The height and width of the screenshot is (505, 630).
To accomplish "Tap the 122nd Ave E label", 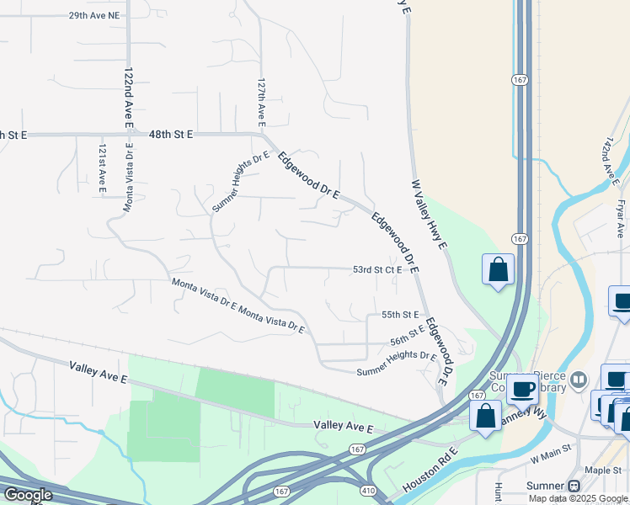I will click(129, 98).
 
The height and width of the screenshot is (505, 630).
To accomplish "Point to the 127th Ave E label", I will click(262, 98).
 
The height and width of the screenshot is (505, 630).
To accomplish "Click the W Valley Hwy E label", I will click(428, 220).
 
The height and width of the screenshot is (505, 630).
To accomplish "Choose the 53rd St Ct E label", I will click(376, 270).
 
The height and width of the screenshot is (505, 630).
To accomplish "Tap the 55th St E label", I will click(400, 315).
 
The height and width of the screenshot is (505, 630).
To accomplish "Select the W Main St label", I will click(551, 460).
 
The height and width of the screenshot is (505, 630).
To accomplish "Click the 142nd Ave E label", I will click(611, 157).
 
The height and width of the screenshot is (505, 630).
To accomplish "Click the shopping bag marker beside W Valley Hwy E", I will click(499, 270).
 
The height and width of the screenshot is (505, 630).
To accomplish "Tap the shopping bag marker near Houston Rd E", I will click(486, 416).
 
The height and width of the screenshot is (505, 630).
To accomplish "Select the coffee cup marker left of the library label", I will click(522, 389).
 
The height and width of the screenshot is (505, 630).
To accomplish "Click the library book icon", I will click(578, 380).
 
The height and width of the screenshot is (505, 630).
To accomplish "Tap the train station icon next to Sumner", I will click(575, 486).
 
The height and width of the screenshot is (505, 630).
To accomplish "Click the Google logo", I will click(27, 495).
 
